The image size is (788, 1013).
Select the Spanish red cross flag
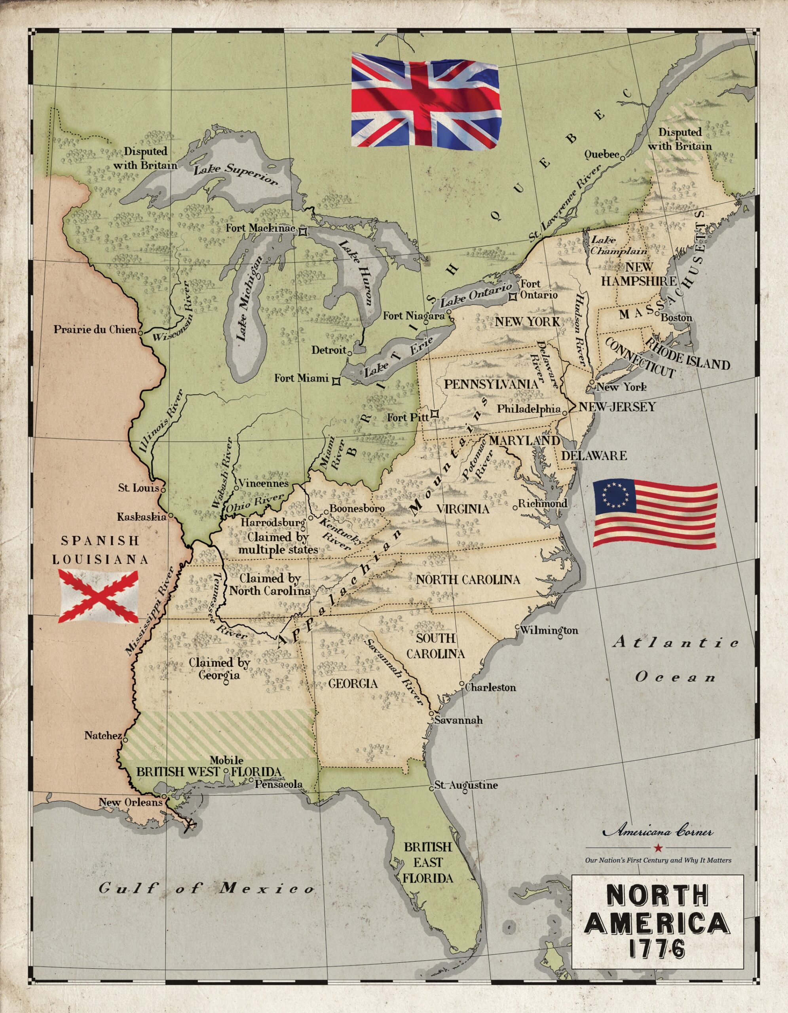point(98,596)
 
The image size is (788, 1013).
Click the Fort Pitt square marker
point(435,414)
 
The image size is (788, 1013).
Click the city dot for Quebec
point(623,157)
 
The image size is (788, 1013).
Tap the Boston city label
point(676,318)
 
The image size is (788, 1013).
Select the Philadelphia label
point(528,409)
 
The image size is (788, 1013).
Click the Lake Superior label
point(235,175)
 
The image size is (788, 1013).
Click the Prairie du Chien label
point(95,330)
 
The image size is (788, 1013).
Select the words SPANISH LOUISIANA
point(100,550)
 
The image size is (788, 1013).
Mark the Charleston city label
point(490,687)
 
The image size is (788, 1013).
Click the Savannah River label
point(394,673)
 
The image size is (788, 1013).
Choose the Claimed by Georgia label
point(219,669)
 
